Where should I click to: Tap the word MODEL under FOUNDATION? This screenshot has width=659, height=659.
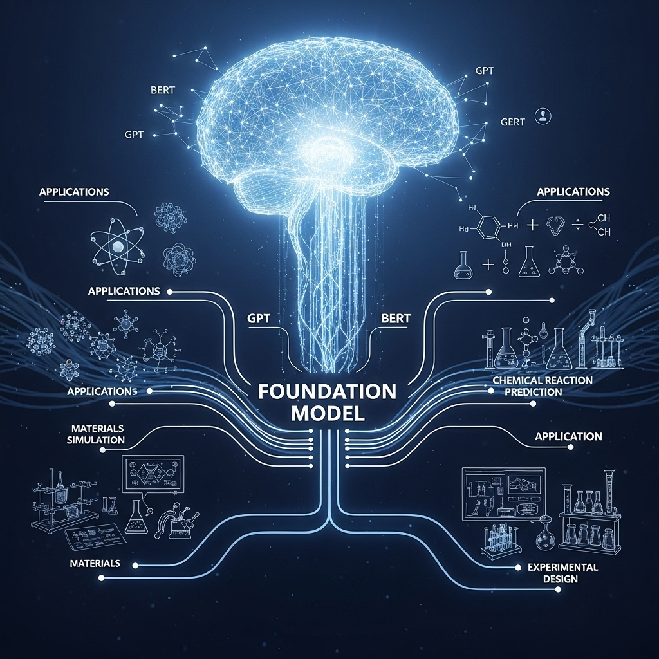tap(328, 413)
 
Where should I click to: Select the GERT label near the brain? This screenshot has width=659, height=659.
tap(514, 122)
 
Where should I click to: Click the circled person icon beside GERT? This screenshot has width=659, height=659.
tap(545, 116)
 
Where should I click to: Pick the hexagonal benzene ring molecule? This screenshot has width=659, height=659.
tap(491, 227)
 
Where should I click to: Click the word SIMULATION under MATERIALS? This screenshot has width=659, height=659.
tap(98, 440)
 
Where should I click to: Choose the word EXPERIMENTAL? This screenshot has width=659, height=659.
tap(563, 567)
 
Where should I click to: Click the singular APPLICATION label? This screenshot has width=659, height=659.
tap(568, 436)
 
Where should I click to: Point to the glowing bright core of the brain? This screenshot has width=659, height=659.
tap(328, 145)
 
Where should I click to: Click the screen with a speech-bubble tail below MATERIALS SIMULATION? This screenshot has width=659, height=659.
tap(153, 475)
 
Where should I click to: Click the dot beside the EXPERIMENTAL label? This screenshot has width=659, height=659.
tap(518, 568)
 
